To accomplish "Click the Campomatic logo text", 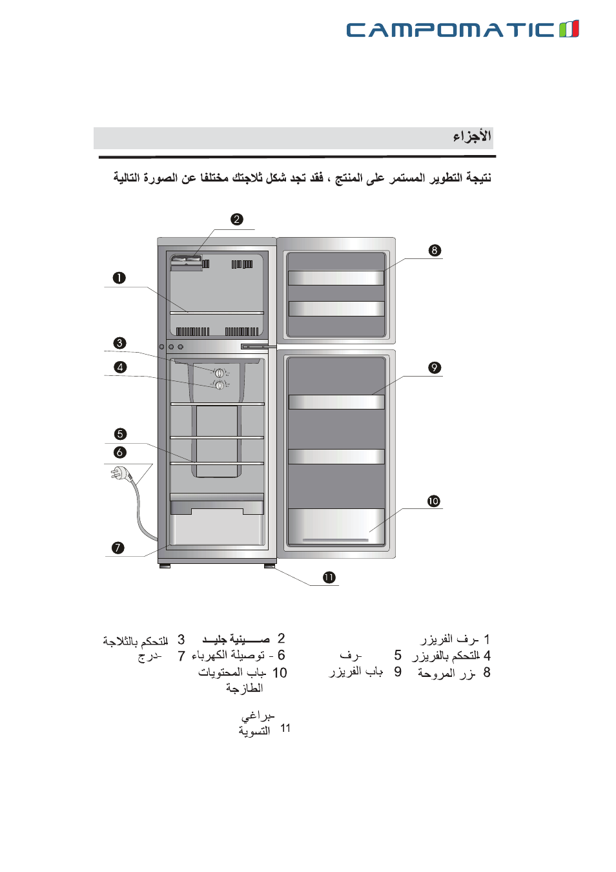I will click(x=450, y=30).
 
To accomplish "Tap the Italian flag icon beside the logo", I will click(x=569, y=29).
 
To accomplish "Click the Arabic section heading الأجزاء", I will click(x=472, y=136).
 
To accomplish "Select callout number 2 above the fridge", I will click(x=237, y=220).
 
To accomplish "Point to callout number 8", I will click(x=435, y=251).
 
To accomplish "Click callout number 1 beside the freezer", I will click(x=119, y=278).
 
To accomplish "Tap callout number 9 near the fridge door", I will click(x=435, y=368).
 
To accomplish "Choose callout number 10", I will click(x=433, y=501).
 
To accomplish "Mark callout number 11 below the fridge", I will click(x=329, y=577).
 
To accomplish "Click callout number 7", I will click(x=118, y=548).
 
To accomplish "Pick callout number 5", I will click(x=120, y=434).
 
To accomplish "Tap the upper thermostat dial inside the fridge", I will click(x=220, y=373).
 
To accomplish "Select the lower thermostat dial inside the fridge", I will click(x=220, y=385).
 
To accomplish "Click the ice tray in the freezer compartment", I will click(x=186, y=262).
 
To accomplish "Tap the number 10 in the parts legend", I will click(x=280, y=673).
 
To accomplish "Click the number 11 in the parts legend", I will click(x=285, y=729).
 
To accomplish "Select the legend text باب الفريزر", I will click(x=356, y=672).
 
